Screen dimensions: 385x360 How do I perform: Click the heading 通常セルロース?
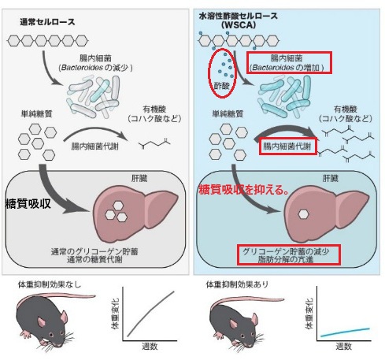[47, 22]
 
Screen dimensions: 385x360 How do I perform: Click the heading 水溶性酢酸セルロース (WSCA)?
[239, 20]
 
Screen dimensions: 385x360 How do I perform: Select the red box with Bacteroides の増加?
[289, 63]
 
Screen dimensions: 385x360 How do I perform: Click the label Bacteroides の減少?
[96, 68]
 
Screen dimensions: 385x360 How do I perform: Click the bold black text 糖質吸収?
[28, 203]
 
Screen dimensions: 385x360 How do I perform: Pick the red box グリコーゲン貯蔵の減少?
[289, 254]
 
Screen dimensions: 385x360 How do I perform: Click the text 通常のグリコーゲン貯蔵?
[94, 251]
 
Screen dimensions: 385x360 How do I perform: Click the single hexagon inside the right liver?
[303, 214]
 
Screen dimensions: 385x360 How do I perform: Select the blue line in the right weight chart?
[345, 332]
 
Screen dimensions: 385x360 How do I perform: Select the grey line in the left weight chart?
[150, 314]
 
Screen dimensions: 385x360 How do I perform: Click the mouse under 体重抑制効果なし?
[50, 321]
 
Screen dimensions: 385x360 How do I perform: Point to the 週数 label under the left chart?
[150, 347]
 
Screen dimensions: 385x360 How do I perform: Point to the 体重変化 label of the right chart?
[309, 314]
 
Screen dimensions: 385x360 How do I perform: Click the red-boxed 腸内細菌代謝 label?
[288, 147]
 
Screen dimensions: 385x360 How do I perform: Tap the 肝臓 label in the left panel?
[139, 179]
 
